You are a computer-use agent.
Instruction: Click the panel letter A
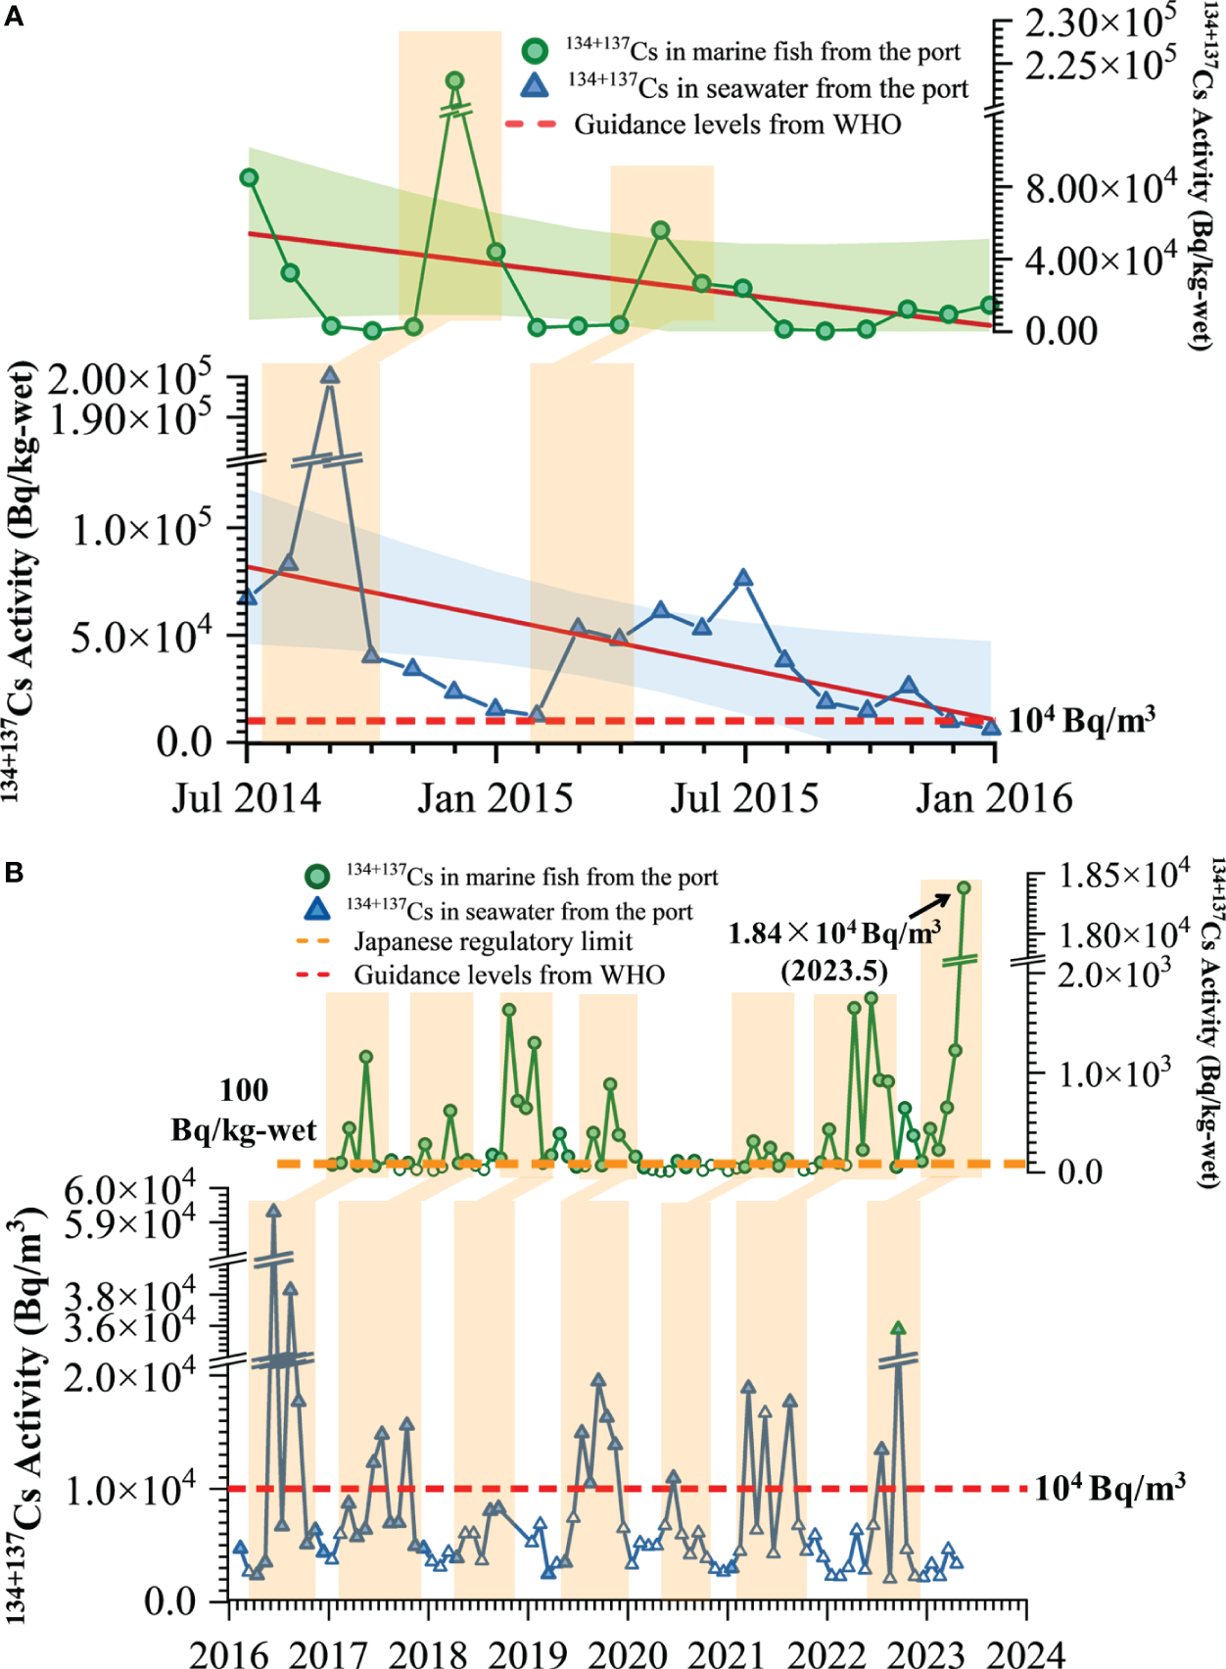coord(14,16)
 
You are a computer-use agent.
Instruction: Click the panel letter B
coord(14,871)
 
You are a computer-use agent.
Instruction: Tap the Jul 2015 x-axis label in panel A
coord(744,798)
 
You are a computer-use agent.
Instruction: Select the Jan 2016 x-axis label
coord(994,798)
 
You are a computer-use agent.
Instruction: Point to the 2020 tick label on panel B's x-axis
coord(628,1653)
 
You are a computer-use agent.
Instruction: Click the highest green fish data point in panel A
coord(454,81)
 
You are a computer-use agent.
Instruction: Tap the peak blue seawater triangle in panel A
coord(330,375)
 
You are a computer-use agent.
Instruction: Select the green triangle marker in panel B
coord(898,1328)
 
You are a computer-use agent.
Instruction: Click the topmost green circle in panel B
coord(964,887)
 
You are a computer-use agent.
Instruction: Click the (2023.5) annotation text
coord(833,971)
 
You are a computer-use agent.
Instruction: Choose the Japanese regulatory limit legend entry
coord(493,942)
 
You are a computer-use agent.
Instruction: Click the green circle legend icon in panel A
coord(535,51)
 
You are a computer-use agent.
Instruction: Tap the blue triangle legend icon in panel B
coord(317,910)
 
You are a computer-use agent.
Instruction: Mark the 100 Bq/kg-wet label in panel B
coord(244,1110)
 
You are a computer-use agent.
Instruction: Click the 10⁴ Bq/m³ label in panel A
coord(1082,720)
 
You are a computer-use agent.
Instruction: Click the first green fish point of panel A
coord(249,177)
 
